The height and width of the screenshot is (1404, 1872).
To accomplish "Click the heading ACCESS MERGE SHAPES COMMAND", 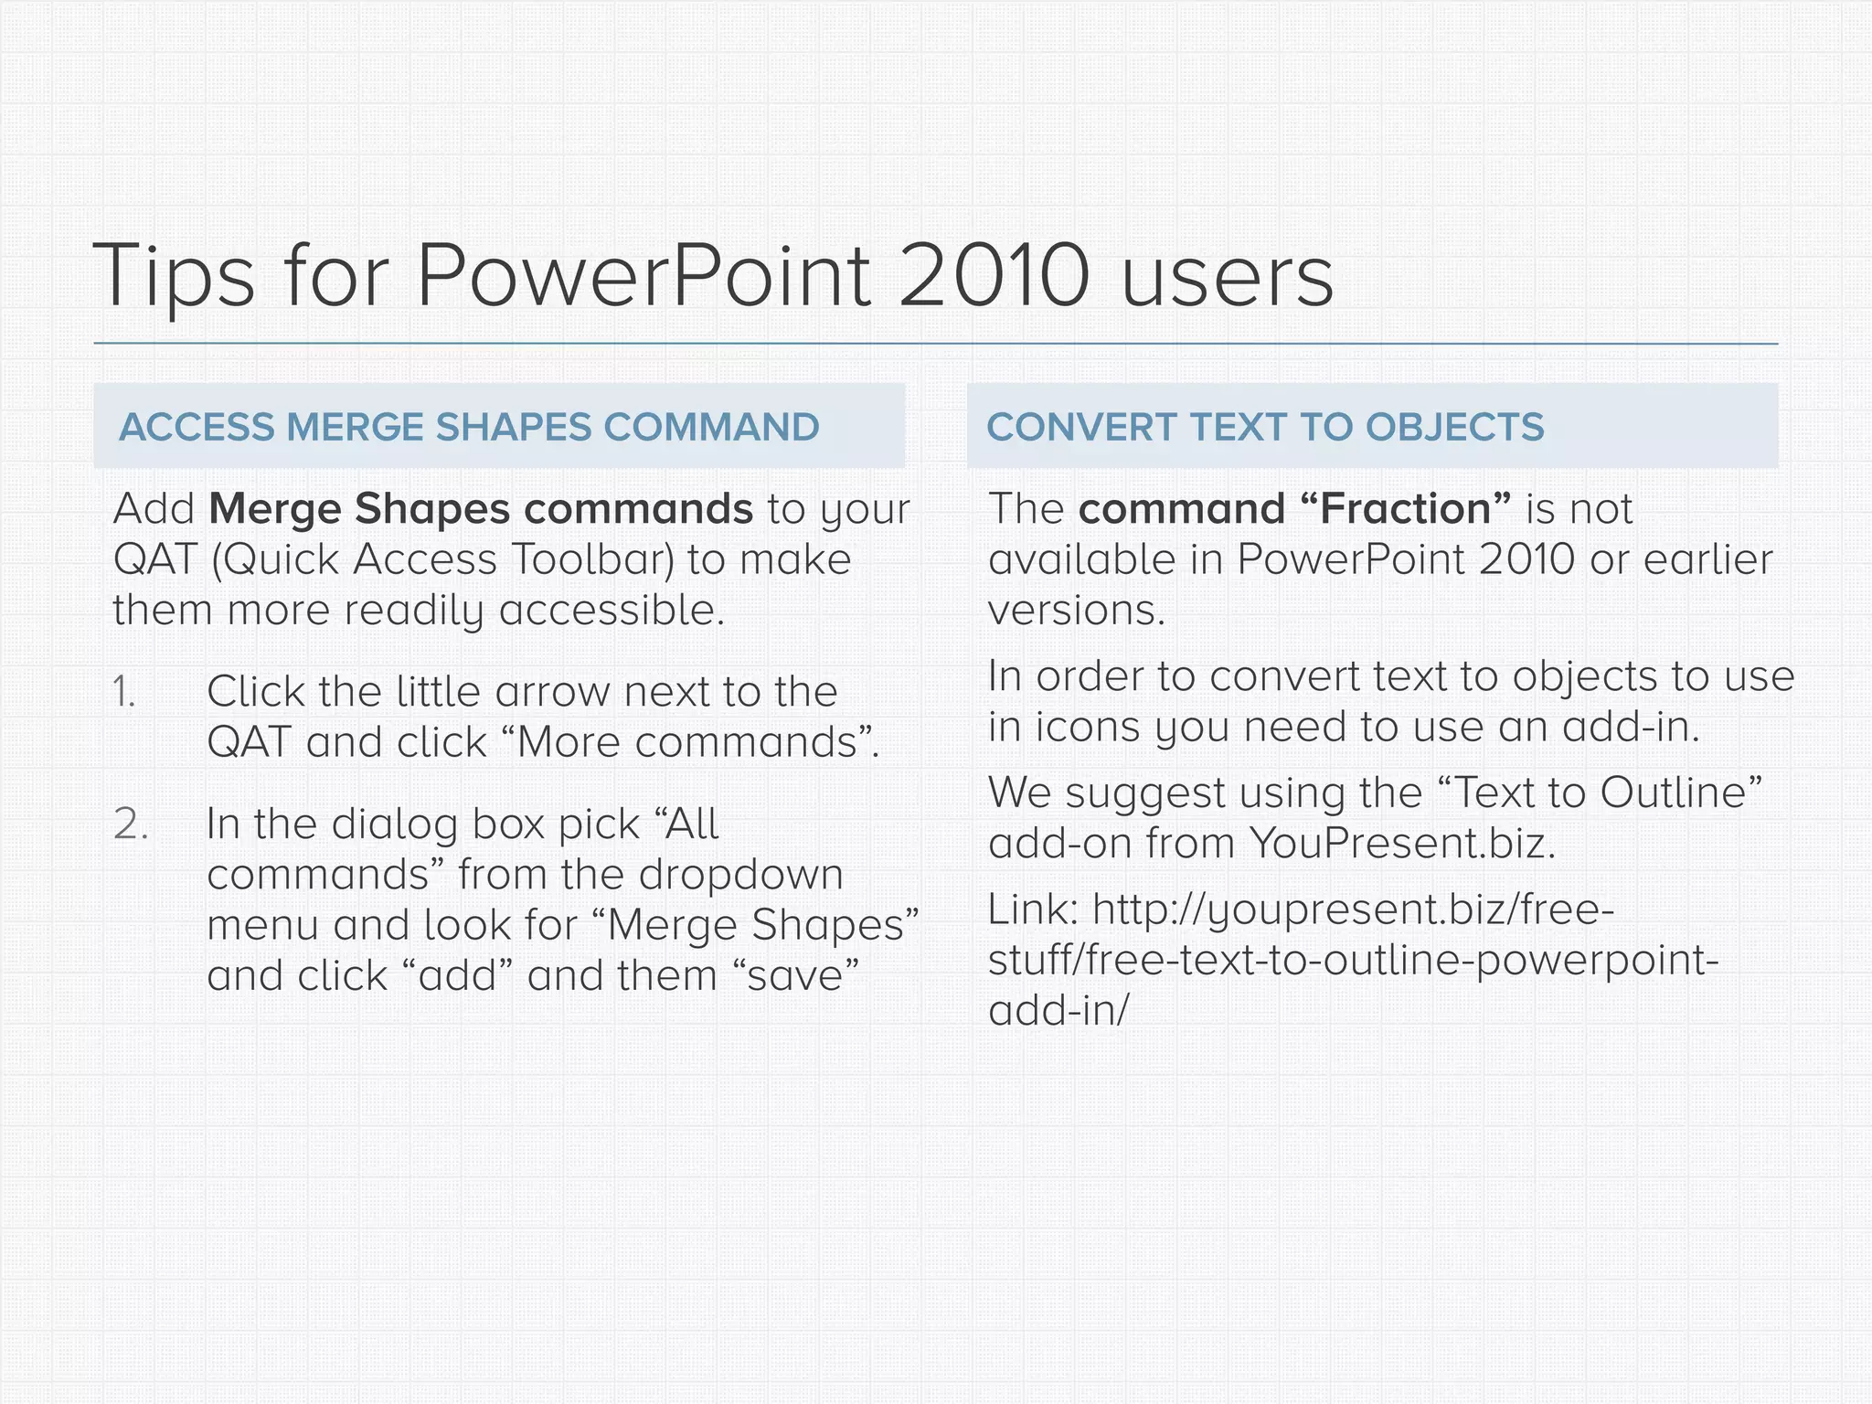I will click(469, 427).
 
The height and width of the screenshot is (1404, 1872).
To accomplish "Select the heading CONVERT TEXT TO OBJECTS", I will click(1265, 427).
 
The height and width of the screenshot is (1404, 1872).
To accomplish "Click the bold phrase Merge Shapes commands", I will click(481, 509).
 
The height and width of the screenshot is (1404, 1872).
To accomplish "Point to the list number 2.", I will click(131, 824).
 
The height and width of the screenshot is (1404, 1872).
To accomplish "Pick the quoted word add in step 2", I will click(457, 975).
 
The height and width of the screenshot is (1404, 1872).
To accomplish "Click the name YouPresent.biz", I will click(1401, 843).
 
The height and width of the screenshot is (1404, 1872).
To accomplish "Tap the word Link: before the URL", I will click(1034, 909).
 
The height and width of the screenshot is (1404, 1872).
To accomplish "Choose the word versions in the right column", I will click(1076, 610).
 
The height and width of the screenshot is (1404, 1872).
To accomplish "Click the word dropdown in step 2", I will click(740, 875).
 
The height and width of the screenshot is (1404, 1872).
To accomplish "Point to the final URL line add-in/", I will click(1058, 1010).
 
